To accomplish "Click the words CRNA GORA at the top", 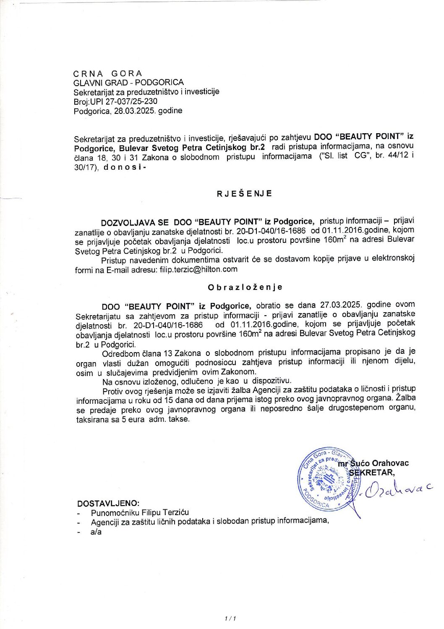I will click(108, 74).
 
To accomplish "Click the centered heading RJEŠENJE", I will click(244, 193).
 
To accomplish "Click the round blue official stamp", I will click(325, 478).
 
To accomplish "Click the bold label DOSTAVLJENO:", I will click(108, 503).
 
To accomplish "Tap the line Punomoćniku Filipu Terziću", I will click(140, 512).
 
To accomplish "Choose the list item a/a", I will click(96, 532).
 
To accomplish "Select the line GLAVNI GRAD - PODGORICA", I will click(128, 82).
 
